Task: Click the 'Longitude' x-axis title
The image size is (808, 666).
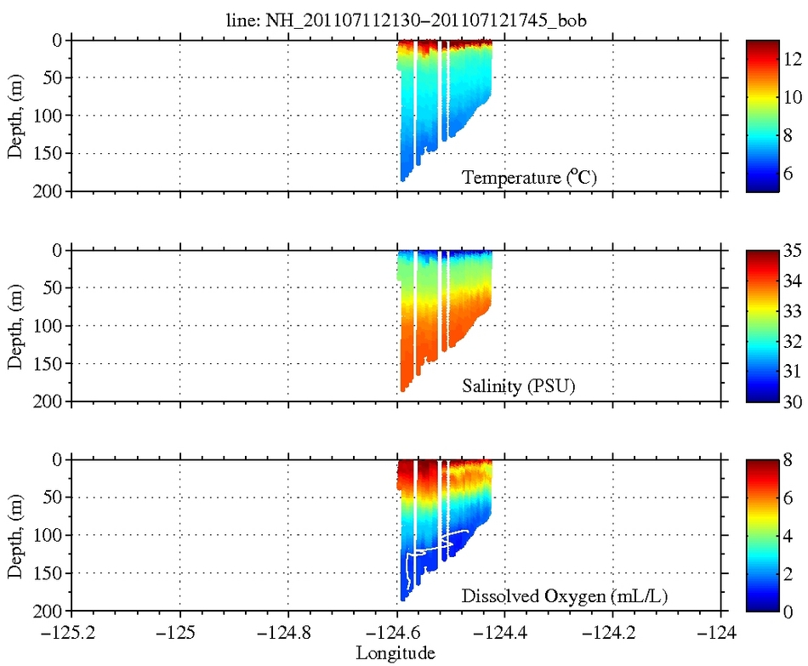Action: pos(395,653)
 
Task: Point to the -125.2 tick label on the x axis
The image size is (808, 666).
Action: pos(72,632)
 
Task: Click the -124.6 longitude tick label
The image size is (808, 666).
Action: pos(397,632)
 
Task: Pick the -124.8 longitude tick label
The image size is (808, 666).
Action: pos(288,632)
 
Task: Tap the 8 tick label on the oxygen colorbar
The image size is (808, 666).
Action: pos(787,460)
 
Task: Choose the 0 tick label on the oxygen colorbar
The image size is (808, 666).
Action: pos(787,611)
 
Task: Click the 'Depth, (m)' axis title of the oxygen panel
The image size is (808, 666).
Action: pos(16,536)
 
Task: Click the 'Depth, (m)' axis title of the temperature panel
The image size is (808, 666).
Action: pos(16,116)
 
